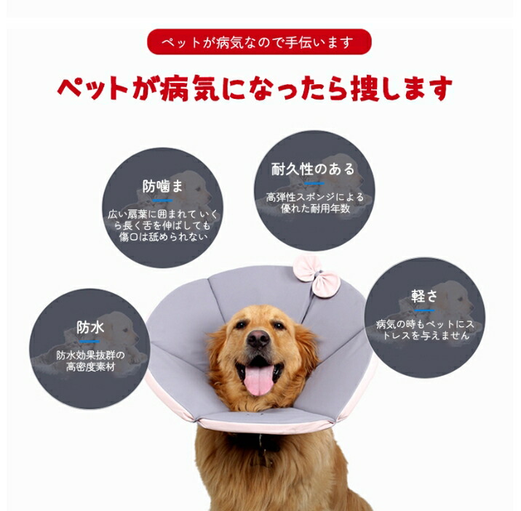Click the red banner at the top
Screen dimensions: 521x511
point(259,42)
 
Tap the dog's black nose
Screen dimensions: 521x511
point(258,339)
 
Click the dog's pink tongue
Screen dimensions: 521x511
point(259,379)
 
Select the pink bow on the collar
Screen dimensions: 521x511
point(317,275)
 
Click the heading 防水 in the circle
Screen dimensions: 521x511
point(90,328)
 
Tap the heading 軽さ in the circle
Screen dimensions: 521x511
point(424,296)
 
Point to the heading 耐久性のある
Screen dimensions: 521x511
point(313,169)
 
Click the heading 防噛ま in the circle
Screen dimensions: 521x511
point(162,186)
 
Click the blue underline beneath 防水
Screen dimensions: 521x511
point(90,342)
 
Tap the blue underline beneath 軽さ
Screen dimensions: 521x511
point(424,310)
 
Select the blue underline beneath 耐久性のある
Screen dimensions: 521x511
point(314,183)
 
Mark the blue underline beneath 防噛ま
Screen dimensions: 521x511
point(162,201)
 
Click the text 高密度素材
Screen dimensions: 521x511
point(90,367)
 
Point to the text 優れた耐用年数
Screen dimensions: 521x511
point(315,209)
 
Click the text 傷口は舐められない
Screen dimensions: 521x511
point(163,236)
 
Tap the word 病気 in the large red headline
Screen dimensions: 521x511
point(189,88)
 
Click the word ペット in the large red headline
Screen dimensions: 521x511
point(92,88)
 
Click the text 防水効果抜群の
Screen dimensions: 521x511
point(90,355)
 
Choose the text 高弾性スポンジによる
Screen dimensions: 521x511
point(314,197)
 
